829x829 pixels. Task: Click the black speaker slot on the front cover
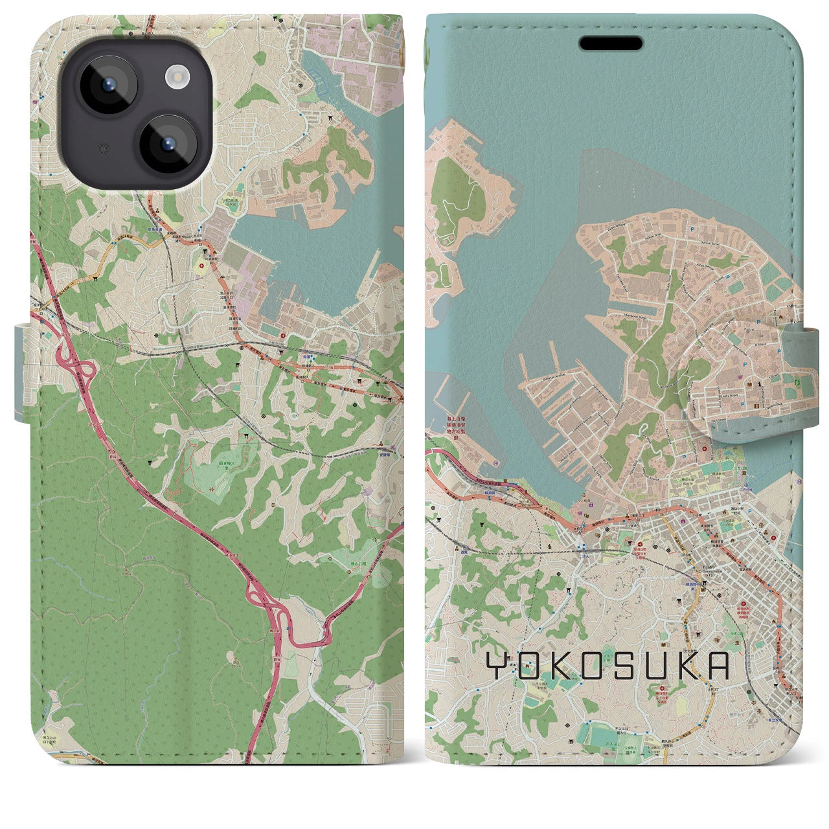tap(610, 43)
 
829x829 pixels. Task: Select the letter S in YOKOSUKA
tap(609, 666)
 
